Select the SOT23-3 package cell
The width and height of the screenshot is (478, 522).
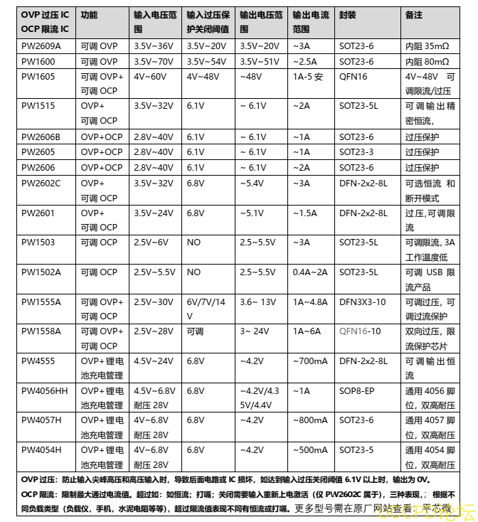coord(356,152)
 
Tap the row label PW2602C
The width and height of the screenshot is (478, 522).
coord(41,183)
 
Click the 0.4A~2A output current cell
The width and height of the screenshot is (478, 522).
coord(310,272)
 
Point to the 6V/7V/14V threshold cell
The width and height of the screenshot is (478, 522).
coord(206,309)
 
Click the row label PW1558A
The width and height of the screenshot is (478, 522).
coord(41,331)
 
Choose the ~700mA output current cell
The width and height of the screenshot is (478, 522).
coord(310,361)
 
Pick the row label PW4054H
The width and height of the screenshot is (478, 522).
coord(41,450)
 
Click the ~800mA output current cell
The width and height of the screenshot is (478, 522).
coord(310,420)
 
